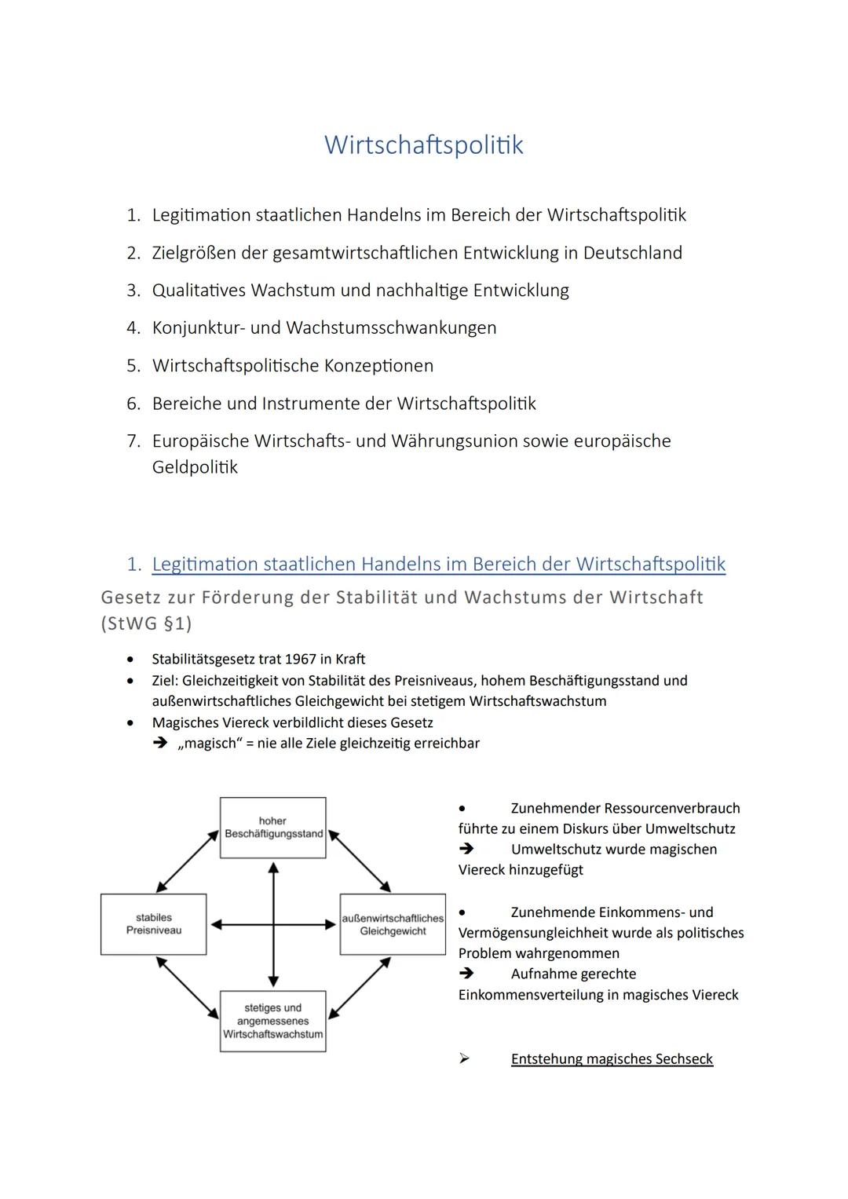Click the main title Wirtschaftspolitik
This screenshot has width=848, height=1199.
pos(423,145)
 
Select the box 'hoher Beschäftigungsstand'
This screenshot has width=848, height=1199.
pos(273,828)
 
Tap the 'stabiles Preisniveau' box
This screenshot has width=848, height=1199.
pos(154,924)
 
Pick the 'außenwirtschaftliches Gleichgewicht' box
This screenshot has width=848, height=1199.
pos(393,924)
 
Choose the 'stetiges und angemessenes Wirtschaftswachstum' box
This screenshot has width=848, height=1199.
pos(273,1021)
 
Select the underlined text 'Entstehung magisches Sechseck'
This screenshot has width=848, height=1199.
pos(612,1059)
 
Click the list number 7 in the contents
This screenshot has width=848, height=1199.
pos(133,441)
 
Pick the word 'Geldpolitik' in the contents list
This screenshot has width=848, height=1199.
pos(195,468)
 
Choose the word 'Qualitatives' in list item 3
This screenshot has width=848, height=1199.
pos(199,291)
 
